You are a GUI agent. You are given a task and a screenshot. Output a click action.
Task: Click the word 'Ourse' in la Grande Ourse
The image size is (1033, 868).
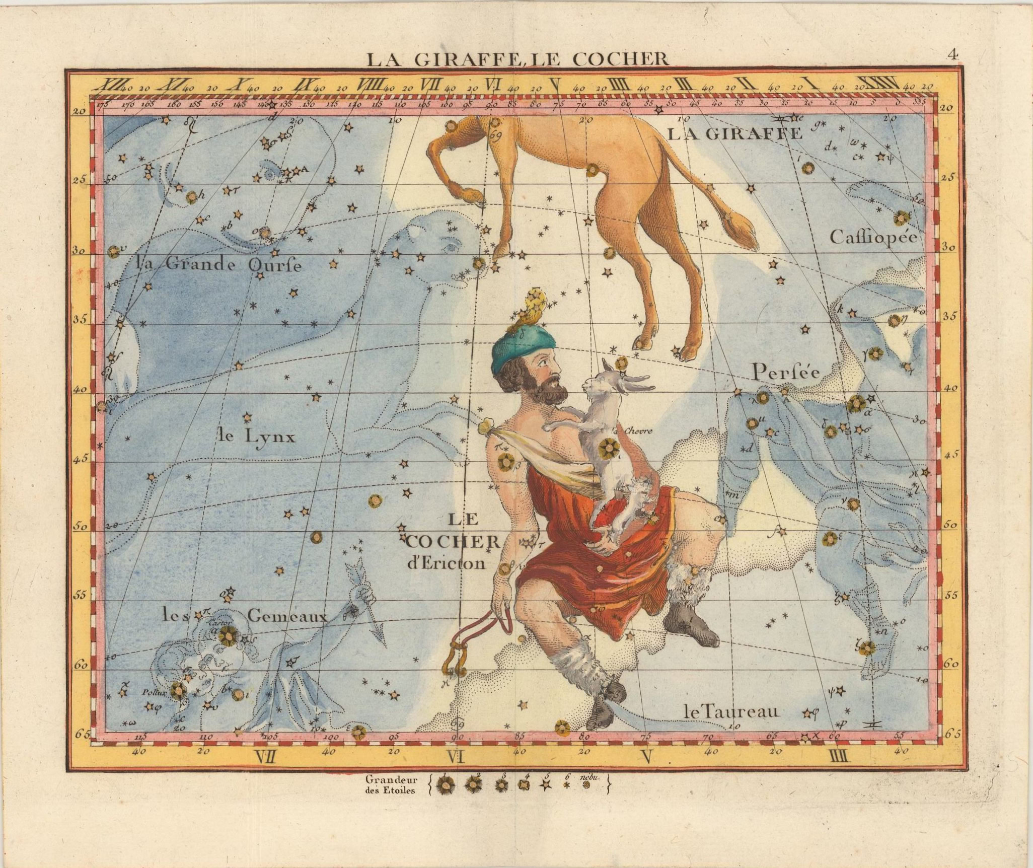274,265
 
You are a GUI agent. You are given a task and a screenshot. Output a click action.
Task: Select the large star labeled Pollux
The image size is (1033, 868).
177,690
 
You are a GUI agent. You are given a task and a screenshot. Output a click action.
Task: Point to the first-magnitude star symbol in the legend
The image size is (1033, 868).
445,784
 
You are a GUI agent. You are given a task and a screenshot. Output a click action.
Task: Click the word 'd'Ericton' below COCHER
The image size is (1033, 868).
447,562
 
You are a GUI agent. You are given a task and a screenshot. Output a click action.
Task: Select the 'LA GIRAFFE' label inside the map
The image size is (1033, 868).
734,133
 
